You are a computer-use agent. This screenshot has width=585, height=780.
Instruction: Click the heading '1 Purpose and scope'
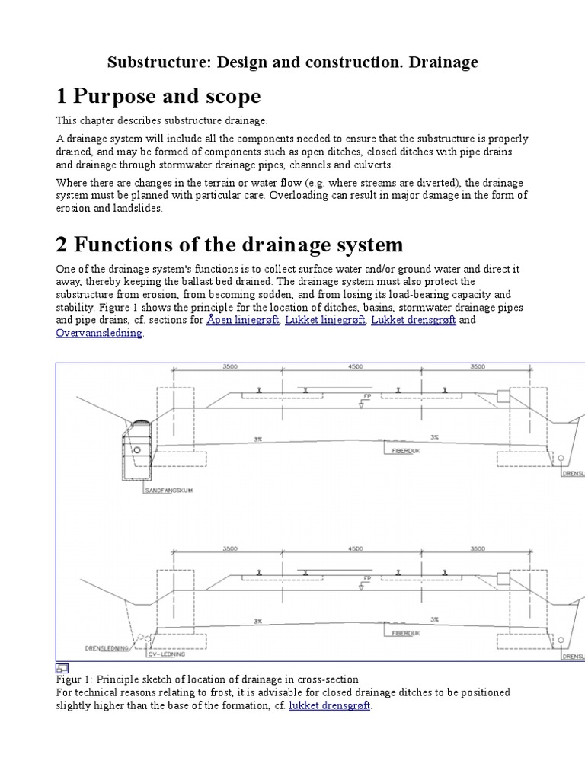point(158,97)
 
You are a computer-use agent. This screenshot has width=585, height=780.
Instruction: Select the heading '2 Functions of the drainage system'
point(229,245)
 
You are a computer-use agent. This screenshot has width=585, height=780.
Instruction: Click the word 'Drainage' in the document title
point(443,62)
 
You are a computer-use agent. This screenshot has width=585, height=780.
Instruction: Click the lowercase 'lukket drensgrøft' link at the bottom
point(329,706)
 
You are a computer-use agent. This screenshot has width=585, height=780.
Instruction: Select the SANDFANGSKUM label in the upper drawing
point(168,491)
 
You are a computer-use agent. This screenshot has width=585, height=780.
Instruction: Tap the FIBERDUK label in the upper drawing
point(398,450)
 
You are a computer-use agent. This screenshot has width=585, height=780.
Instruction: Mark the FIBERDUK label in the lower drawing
point(398,631)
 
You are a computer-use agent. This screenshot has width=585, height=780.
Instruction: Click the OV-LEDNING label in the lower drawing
point(168,654)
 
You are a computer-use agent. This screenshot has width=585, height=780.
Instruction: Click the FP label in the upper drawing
point(366,397)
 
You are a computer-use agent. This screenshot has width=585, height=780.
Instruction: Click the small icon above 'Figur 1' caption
point(62,668)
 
